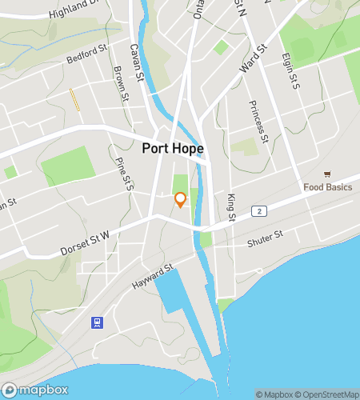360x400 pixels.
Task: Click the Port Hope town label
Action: [172, 148]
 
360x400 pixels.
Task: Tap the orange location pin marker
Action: [180, 199]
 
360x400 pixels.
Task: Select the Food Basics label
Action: [328, 188]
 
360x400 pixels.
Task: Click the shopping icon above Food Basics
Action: [327, 174]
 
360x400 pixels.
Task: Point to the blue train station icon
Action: [96, 322]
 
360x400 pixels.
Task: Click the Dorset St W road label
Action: [89, 243]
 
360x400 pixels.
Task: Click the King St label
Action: [231, 206]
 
